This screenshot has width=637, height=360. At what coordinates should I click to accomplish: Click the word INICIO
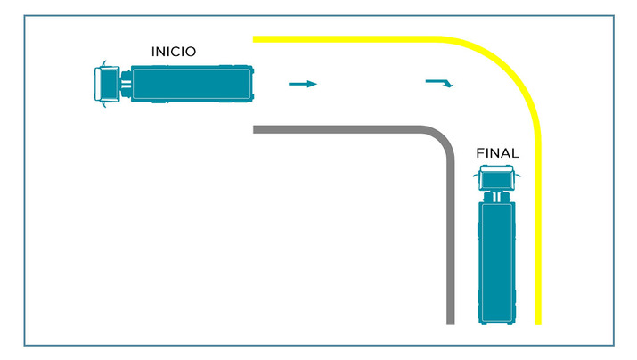(x=174, y=52)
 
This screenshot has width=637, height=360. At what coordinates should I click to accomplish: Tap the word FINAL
(x=497, y=153)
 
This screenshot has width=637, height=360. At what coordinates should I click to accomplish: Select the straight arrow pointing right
(x=303, y=84)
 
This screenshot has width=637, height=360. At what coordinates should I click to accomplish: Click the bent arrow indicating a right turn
(x=439, y=83)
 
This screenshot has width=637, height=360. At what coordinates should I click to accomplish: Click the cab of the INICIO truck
(x=107, y=84)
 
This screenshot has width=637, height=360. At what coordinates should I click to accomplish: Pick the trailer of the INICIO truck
(x=192, y=83)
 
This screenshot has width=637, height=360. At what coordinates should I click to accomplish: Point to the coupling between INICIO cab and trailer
(x=126, y=84)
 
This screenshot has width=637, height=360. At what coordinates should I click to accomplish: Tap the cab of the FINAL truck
(x=496, y=177)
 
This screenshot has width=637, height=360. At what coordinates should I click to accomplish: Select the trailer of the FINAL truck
(x=497, y=263)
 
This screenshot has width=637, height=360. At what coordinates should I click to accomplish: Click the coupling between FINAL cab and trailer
(x=496, y=197)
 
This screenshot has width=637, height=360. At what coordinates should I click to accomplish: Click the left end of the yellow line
(x=254, y=39)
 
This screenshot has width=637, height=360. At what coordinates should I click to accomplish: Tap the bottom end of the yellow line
(x=538, y=324)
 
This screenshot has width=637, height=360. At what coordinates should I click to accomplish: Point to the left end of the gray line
(x=254, y=129)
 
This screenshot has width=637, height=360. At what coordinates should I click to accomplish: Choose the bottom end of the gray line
(x=451, y=323)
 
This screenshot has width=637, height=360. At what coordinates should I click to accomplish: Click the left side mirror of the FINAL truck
(x=476, y=176)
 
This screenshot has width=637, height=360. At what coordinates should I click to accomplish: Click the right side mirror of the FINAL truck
(x=518, y=176)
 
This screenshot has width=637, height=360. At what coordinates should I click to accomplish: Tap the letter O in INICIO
(x=191, y=52)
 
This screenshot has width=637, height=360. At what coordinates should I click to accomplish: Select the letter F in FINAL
(x=480, y=153)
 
